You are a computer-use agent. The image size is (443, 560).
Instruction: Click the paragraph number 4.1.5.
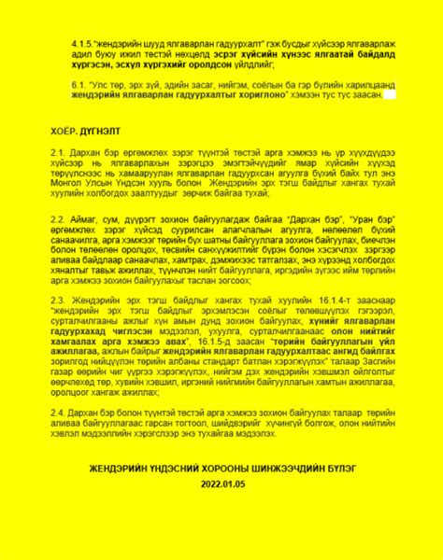[82, 44]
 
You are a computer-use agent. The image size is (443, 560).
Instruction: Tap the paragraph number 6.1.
[79, 83]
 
